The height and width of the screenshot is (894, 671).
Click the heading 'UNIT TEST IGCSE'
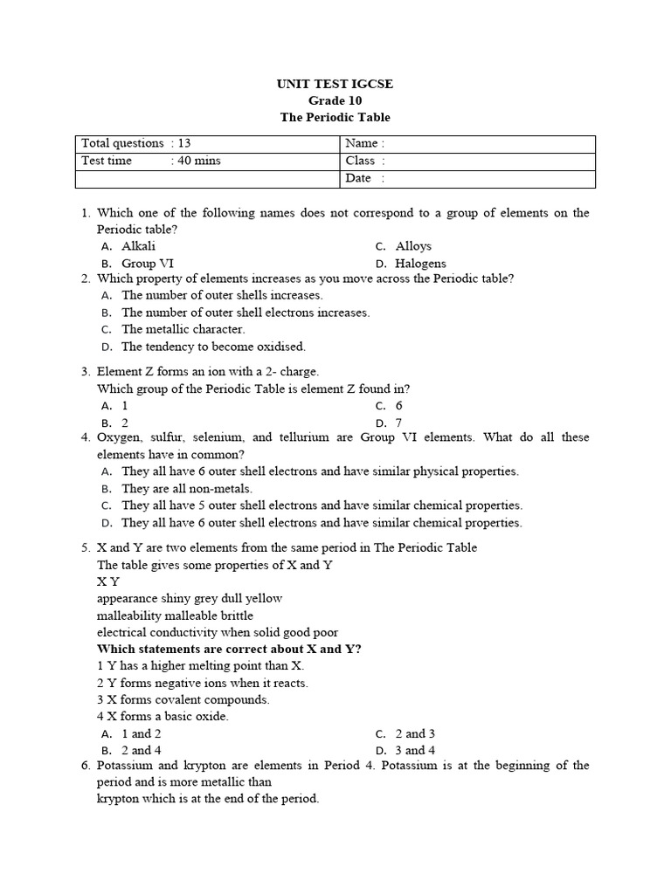pos(335,84)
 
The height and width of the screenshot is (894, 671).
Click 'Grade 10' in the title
pos(335,100)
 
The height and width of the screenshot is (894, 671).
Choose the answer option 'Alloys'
pos(413,246)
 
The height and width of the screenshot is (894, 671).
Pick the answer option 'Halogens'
pos(420,263)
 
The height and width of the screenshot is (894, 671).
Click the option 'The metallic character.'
pos(183,329)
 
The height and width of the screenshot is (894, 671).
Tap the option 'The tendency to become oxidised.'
pos(213,347)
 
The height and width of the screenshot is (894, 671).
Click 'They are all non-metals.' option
pos(187,489)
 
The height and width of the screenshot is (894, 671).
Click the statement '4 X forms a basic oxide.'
pos(163,716)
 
